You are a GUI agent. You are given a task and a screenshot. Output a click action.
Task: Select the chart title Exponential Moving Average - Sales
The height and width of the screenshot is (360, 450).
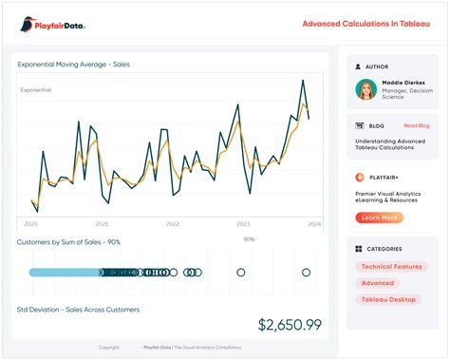point(73,65)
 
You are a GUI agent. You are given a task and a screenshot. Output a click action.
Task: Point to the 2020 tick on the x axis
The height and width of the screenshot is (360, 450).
point(31,224)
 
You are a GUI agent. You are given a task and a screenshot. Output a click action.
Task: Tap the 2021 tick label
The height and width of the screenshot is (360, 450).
point(103,224)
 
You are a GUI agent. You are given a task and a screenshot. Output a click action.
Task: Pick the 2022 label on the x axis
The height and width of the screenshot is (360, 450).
point(173,224)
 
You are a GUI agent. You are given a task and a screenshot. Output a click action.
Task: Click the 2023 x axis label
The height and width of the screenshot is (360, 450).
point(243,224)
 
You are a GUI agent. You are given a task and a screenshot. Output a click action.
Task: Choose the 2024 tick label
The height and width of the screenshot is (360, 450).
point(314,224)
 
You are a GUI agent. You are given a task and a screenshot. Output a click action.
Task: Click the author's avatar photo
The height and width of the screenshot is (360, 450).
point(366,89)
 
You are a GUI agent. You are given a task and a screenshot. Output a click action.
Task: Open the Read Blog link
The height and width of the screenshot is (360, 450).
point(416,125)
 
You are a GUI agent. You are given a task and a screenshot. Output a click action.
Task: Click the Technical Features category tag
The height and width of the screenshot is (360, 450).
point(392,267)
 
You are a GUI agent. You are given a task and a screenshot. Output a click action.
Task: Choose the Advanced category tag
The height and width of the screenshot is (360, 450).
point(377,283)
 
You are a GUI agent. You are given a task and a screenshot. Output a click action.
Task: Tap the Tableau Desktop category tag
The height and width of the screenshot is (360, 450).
point(389,299)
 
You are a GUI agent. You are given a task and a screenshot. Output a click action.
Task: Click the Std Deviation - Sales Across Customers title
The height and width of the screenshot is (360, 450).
point(78,310)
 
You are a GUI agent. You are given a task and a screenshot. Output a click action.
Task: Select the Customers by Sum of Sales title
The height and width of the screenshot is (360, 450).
point(68,242)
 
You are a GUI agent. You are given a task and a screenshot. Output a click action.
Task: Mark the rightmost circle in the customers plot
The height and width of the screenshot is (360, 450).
point(307,273)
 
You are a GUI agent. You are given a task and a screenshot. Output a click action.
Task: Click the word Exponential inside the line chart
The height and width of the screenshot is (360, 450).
point(36,90)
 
